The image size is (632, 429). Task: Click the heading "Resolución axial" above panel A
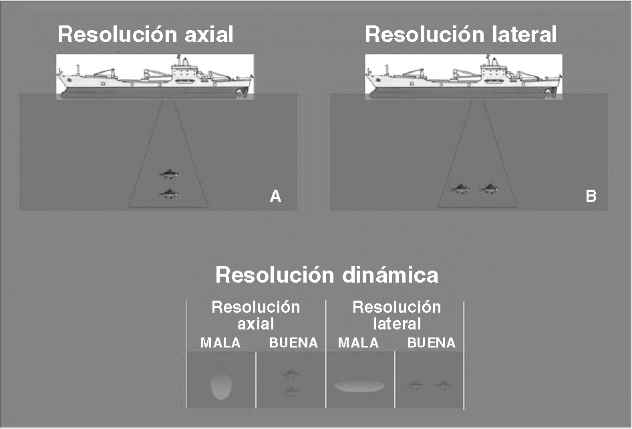pos(146,35)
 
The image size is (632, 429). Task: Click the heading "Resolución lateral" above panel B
pos(461,35)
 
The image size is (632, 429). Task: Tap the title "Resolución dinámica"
pos(327,275)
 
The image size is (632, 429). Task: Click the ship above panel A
pos(154,77)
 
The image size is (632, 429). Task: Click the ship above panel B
pos(463,77)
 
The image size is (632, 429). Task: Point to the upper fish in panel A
pos(169,174)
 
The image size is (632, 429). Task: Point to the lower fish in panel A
pos(169,194)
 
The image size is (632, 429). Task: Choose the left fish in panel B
pos(460,189)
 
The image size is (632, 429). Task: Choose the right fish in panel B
pos(489,189)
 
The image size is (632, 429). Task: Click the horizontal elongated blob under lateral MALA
pos(359,386)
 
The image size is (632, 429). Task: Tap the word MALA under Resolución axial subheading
pos(220,343)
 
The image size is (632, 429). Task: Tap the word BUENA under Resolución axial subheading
pos(293,343)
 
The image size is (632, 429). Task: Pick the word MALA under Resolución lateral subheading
pos(358,343)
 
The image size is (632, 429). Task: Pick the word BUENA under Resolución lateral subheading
pos(431,343)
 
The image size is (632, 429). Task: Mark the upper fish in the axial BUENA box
pos(291,375)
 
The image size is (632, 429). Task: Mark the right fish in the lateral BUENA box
pos(442,385)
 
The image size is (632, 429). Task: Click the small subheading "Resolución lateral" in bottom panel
pos(396,315)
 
